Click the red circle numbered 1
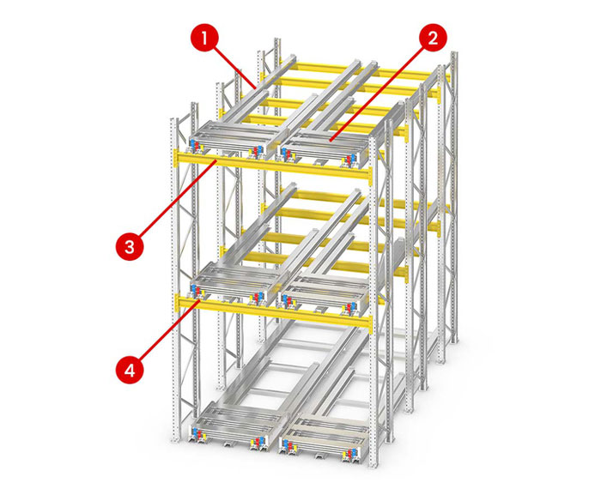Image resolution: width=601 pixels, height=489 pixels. point(204,39)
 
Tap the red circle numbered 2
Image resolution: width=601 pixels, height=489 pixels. point(433,39)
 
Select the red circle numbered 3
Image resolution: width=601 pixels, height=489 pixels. point(130,246)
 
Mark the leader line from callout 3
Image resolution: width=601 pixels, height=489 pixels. point(179,199)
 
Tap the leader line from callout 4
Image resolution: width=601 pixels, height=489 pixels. point(168,331)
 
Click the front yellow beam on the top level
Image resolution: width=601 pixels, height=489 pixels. point(272,166)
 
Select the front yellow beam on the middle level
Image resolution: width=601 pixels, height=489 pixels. point(273,308)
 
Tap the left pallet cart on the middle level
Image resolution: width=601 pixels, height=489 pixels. point(234,282)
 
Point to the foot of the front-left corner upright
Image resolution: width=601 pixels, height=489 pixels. point(175,439)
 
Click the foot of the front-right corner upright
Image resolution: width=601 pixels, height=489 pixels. point(373,464)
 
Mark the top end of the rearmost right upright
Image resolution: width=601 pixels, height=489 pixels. point(454,53)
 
